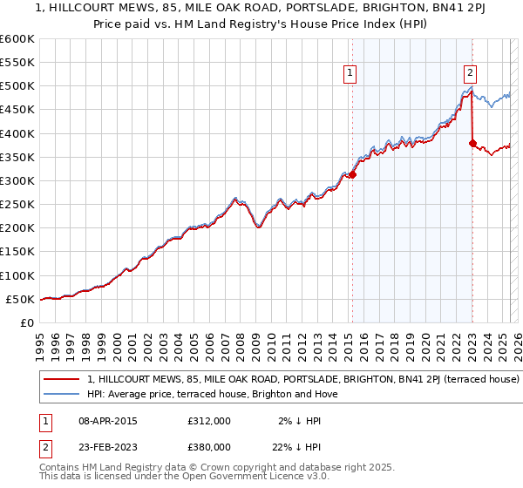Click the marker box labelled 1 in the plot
click(x=350, y=74)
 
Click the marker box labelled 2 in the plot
click(x=470, y=74)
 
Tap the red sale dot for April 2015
click(x=353, y=175)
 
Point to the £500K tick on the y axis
click(x=17, y=86)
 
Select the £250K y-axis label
click(x=17, y=205)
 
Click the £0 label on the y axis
click(x=26, y=322)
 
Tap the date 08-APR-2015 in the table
click(x=107, y=420)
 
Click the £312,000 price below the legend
click(x=209, y=420)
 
